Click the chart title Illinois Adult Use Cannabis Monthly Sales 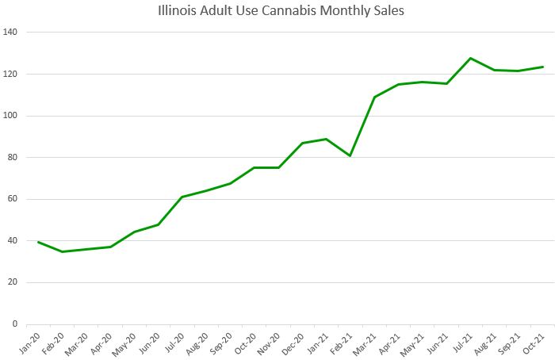pos(277,11)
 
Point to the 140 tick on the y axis pos(11,33)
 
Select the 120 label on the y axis pos(11,74)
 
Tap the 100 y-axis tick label pos(11,116)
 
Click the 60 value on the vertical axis pos(13,199)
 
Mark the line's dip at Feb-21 pos(350,155)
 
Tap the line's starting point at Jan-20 pos(38,242)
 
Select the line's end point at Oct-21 pos(542,67)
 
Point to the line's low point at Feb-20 pos(62,251)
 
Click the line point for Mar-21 pos(374,97)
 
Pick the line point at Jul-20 pos(182,197)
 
